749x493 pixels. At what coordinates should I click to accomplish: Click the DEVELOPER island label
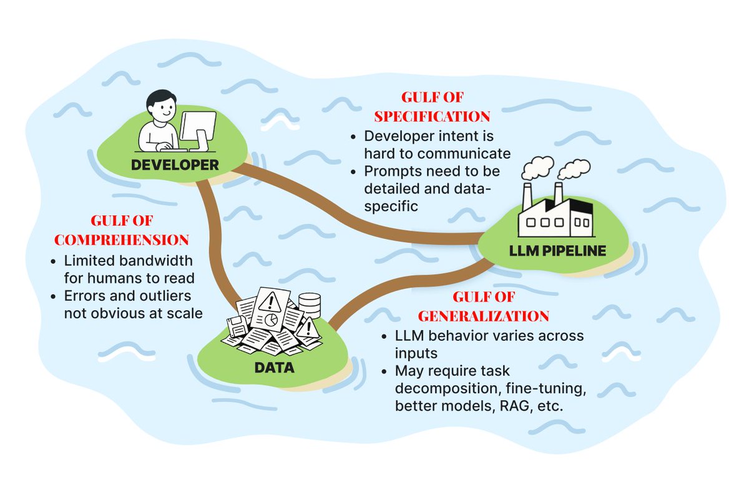[x=175, y=165]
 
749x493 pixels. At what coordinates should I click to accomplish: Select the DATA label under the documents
[x=274, y=368]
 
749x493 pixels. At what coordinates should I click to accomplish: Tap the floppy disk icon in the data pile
[x=237, y=326]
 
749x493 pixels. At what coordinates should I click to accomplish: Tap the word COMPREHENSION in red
[x=122, y=240]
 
